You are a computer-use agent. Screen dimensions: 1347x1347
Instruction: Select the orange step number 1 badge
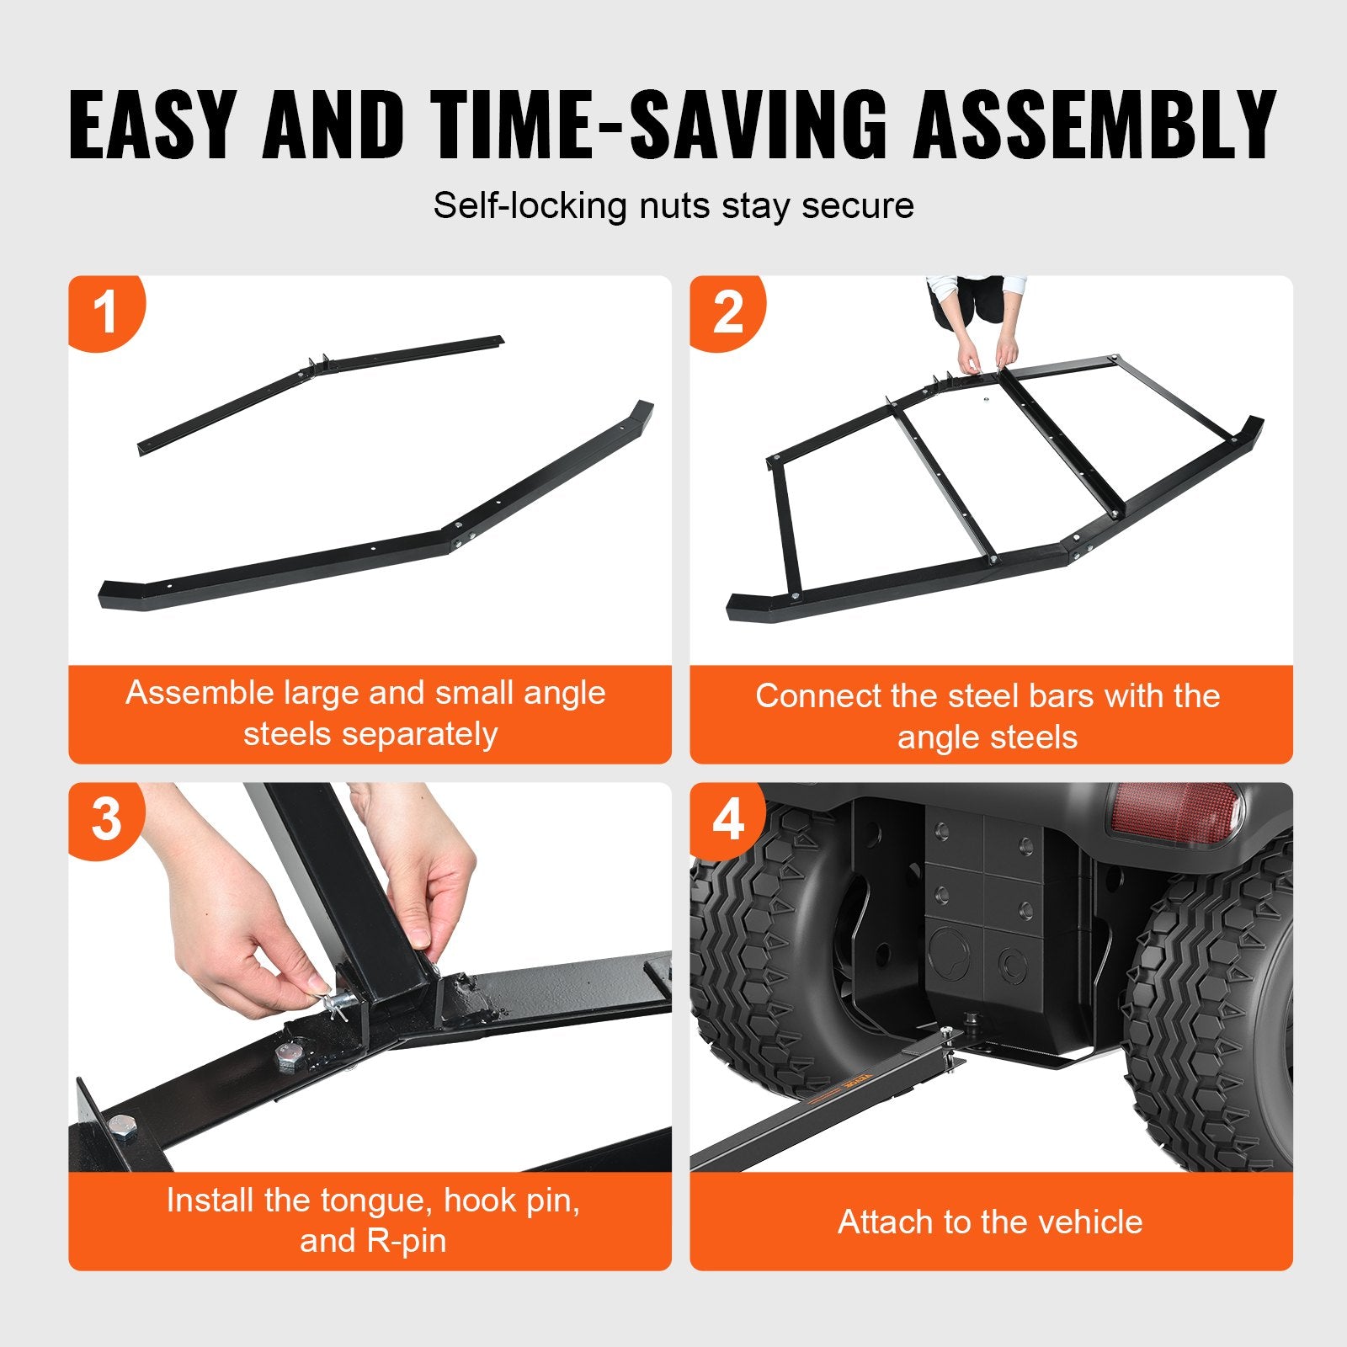tap(104, 311)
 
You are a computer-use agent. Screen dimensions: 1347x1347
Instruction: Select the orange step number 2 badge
tap(727, 311)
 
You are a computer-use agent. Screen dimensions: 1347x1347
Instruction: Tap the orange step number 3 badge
tap(106, 818)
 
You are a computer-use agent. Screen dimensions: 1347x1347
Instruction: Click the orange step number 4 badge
tap(727, 818)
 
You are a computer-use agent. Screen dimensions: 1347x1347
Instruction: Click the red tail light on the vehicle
tap(1175, 813)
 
